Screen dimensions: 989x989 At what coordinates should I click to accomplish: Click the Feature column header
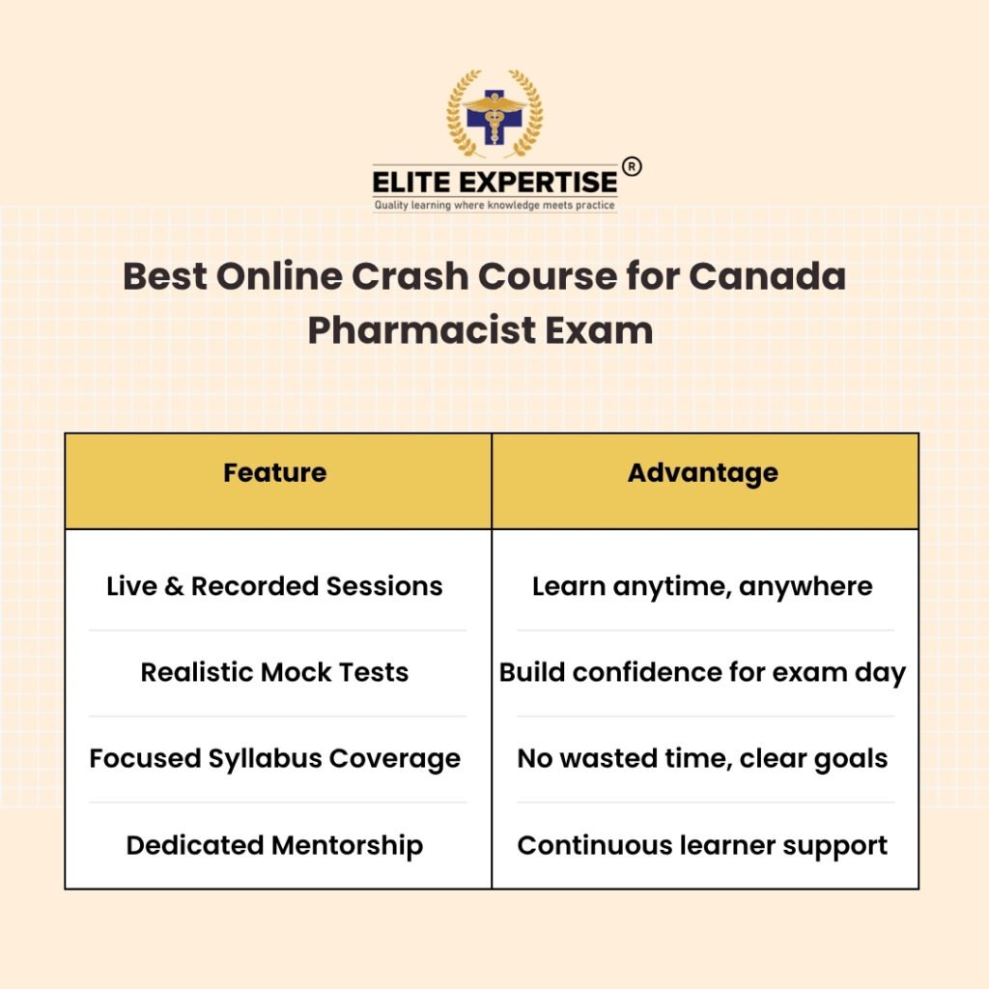point(275,472)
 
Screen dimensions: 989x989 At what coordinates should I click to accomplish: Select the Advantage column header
point(703,473)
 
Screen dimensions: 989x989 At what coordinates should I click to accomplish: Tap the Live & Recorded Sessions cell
point(274,586)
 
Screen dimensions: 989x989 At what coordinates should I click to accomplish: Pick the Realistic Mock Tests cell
point(274,672)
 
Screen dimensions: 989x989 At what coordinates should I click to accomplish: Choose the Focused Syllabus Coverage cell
point(275,759)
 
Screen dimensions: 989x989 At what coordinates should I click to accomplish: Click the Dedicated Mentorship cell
point(274,846)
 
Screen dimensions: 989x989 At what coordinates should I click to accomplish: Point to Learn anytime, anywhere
point(703,587)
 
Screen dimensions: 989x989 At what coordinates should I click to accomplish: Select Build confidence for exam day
point(703,673)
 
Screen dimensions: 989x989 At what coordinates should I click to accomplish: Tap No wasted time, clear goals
point(703,759)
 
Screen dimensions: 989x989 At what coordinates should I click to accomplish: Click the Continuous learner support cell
point(703,846)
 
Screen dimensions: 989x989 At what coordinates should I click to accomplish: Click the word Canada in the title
point(767,276)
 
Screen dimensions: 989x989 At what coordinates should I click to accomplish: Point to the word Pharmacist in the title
point(422,330)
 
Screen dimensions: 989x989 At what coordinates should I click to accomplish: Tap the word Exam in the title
point(599,330)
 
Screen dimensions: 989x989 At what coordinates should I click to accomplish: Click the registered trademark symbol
point(632,166)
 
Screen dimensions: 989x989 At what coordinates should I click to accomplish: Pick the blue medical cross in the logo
point(494,117)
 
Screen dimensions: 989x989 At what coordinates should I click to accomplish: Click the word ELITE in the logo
point(411,183)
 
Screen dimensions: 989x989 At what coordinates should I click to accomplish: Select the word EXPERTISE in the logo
point(538,183)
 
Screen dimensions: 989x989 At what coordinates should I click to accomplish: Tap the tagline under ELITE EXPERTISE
point(494,205)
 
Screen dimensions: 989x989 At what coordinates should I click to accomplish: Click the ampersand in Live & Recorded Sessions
point(174,586)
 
